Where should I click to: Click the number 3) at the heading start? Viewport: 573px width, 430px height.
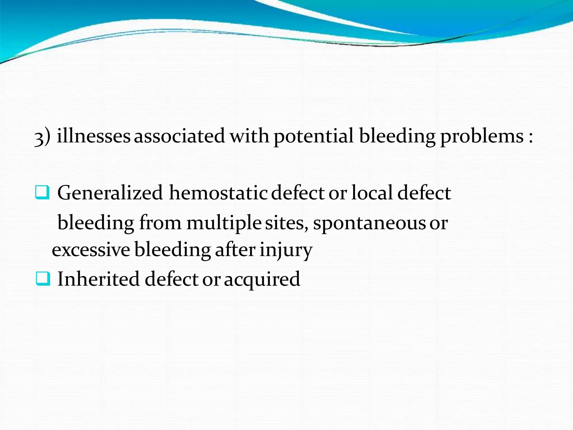pos(42,137)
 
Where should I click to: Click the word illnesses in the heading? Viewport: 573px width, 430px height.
pos(93,136)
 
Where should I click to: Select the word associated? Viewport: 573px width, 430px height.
pos(179,136)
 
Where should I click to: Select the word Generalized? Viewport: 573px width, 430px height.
pos(110,193)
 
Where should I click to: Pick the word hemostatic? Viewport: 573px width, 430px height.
pos(218,193)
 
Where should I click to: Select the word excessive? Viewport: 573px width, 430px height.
pos(91,250)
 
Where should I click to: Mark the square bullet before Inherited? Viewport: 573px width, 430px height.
pos(43,279)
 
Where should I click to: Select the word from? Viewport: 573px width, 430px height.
pos(160,223)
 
